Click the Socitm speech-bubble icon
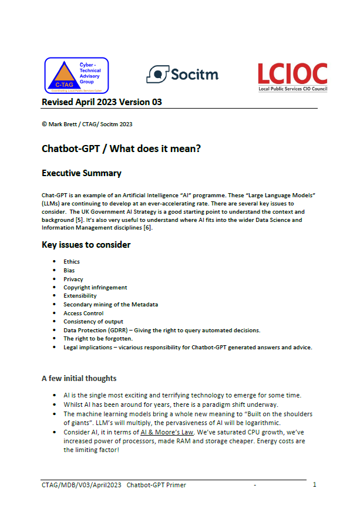[156, 73]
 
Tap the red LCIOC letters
[292, 73]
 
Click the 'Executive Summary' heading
[82, 173]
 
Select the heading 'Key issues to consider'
[86, 244]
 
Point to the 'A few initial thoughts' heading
[79, 378]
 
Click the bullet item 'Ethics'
[72, 262]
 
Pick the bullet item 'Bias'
[69, 271]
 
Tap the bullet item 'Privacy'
[73, 279]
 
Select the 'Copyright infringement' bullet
[95, 288]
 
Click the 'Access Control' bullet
[85, 313]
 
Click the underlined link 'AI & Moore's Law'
[167, 432]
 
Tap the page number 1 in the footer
[315, 485]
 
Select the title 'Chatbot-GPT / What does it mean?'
[122, 148]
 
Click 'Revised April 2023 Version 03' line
[102, 102]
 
